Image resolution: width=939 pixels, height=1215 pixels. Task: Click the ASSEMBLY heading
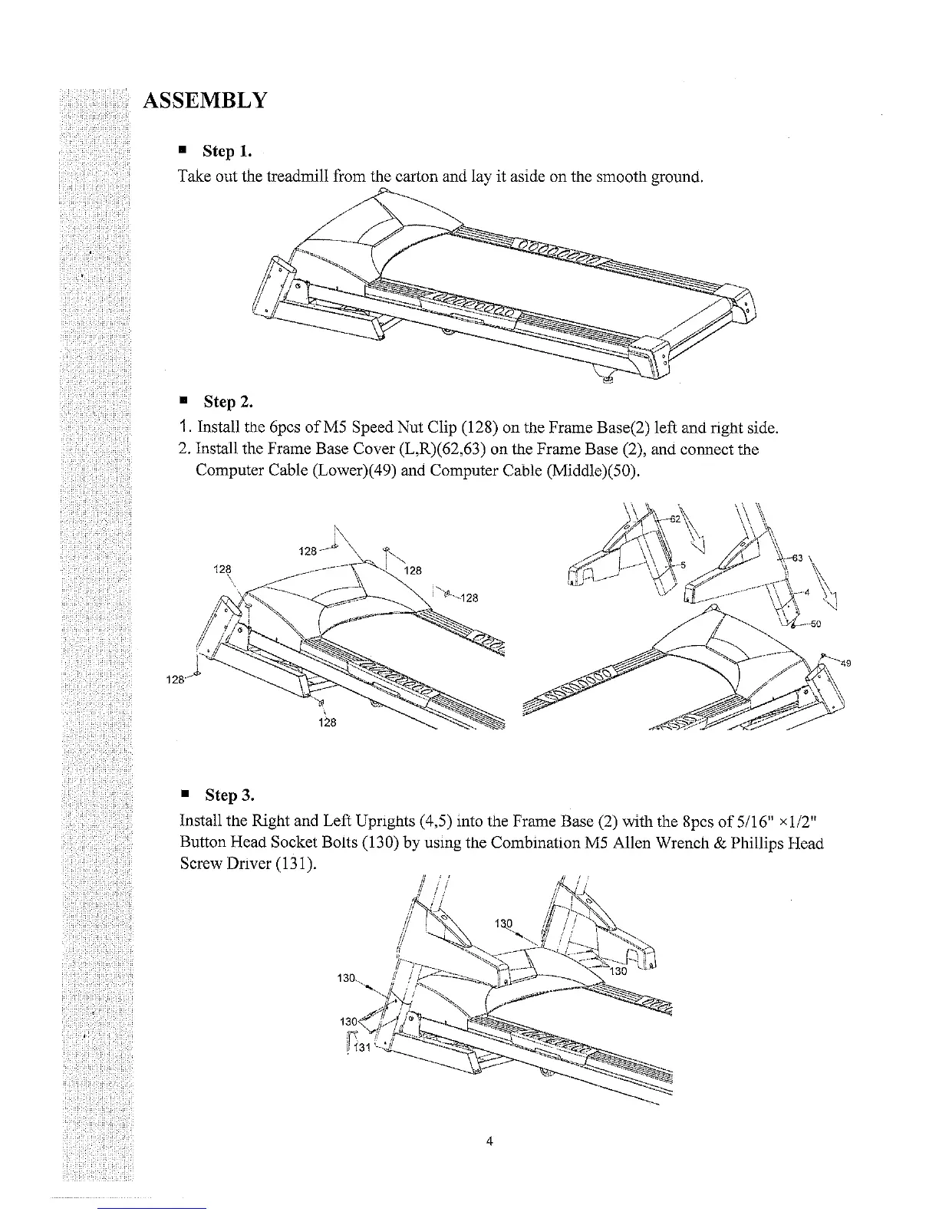click(205, 100)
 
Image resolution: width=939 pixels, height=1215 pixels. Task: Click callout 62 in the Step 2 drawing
click(676, 518)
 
